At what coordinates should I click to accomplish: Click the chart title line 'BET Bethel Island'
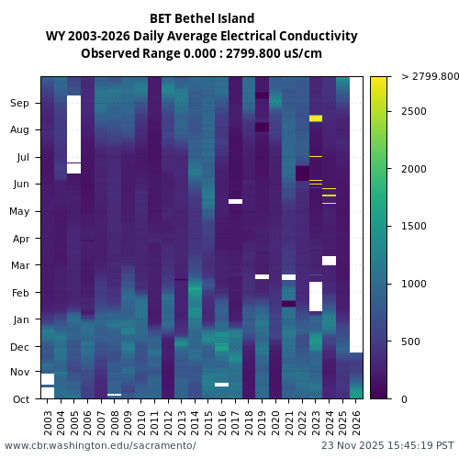coord(202,18)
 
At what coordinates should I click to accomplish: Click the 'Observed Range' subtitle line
coord(202,53)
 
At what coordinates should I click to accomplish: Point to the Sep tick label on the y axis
coord(20,104)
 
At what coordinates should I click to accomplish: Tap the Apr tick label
coord(20,239)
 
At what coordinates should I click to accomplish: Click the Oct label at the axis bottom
coord(20,399)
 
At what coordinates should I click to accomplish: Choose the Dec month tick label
coord(20,346)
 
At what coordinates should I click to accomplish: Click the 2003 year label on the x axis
coord(48,421)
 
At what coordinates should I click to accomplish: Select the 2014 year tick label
coord(196,421)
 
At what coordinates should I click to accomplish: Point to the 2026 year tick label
coord(356,421)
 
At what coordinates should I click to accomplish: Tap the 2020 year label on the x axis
coord(275,421)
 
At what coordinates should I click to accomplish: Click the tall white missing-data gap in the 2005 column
coord(73,129)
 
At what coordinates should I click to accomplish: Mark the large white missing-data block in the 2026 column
coord(356,211)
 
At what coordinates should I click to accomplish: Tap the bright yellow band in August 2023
coord(316,118)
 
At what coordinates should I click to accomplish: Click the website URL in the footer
coord(100,446)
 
